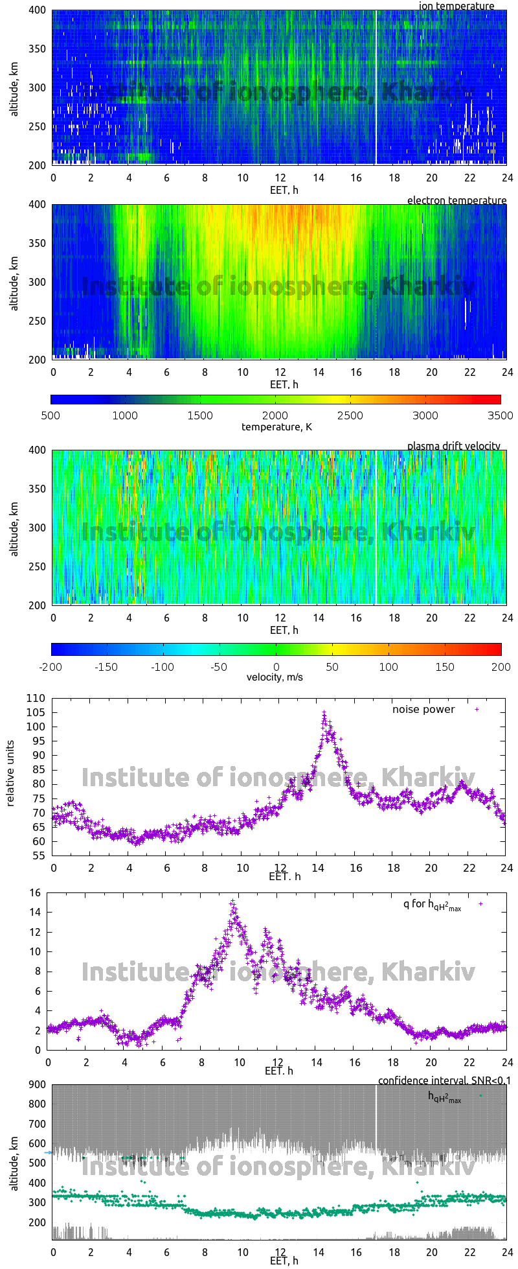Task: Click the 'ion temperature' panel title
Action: [456, 6]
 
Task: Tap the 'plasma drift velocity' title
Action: [453, 446]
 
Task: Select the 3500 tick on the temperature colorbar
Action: [500, 415]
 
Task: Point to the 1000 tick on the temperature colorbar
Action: [125, 415]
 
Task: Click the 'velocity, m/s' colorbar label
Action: [275, 677]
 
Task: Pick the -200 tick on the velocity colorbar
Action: [52, 666]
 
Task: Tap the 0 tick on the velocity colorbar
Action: [276, 666]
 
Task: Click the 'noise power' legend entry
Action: [423, 709]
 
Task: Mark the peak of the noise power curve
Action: [324, 712]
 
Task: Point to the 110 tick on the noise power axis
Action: [36, 698]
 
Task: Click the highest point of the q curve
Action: [232, 901]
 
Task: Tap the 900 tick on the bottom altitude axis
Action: [36, 1084]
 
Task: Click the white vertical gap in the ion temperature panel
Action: [376, 87]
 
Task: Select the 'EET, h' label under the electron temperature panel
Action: [284, 384]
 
